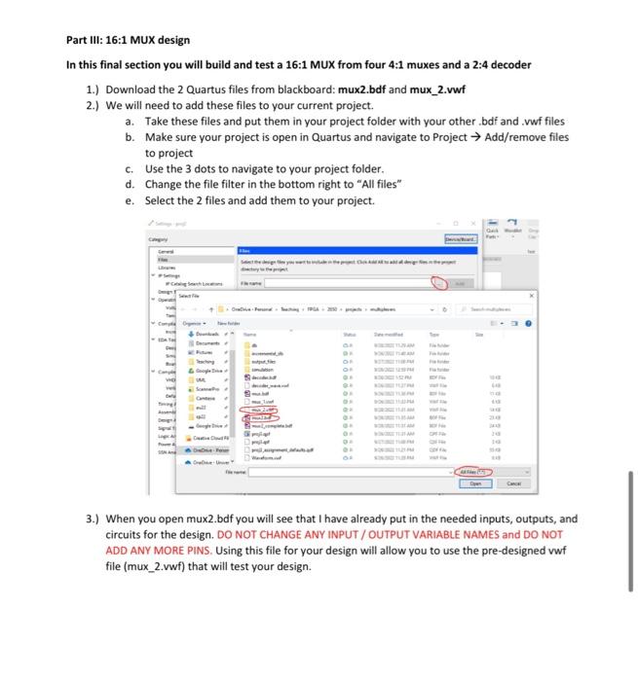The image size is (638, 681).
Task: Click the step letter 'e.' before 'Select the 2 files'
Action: pos(131,200)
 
